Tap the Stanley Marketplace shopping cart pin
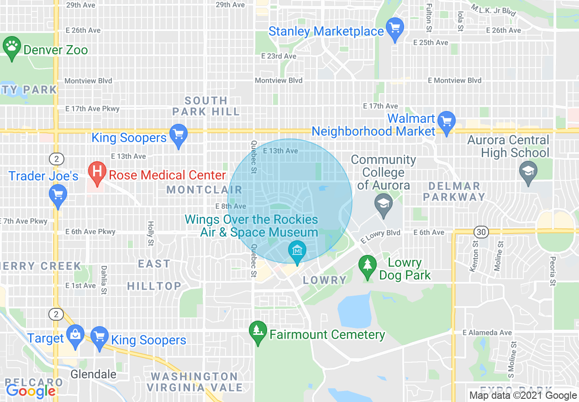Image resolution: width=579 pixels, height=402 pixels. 394,28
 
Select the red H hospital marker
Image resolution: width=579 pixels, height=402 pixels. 97,172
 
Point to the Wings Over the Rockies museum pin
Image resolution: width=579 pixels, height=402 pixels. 297,250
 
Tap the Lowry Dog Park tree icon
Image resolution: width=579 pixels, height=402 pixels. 367,266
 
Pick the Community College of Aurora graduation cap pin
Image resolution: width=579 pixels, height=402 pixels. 384,204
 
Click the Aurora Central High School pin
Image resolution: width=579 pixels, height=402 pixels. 528,172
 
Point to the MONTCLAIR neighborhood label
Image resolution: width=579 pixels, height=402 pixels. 204,189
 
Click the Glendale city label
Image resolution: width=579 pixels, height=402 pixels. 93,374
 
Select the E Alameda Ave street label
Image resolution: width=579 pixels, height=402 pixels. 487,333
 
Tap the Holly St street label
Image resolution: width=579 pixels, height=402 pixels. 150,234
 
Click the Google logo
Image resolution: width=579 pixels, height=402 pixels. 31,391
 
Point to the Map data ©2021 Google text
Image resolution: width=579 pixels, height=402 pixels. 523,396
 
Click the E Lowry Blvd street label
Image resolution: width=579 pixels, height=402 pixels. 380,236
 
